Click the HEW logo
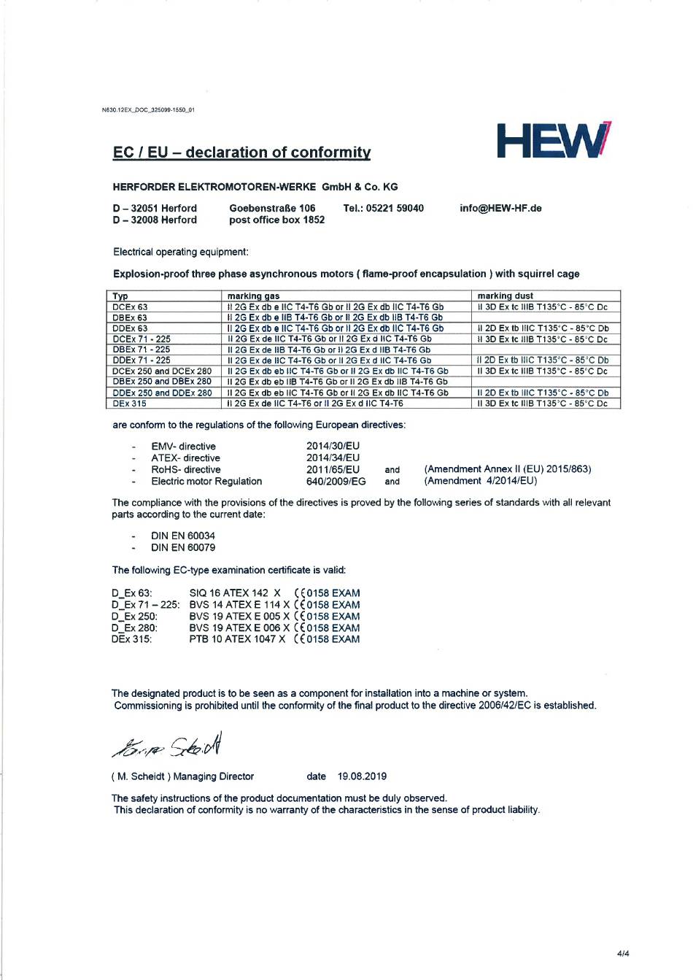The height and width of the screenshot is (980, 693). point(554,141)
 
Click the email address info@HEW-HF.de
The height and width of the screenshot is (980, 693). point(500,208)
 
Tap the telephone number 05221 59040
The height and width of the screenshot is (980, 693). point(395,208)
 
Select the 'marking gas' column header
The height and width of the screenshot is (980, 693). point(253,296)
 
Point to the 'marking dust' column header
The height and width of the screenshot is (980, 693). point(505,296)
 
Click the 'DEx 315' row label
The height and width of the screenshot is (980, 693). point(130,404)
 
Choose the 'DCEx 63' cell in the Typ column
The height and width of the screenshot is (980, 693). point(131,307)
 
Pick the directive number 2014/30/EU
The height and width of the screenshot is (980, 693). point(333,446)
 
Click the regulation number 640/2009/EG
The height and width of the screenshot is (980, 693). point(336,482)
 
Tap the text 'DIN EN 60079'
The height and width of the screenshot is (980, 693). point(183,547)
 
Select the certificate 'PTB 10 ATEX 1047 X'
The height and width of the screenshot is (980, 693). point(237,639)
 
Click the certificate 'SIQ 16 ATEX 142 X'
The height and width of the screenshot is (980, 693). point(235,593)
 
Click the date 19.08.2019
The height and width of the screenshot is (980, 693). point(362,776)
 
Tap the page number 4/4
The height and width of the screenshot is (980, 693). point(623,953)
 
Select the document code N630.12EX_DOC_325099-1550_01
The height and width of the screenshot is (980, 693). point(148,110)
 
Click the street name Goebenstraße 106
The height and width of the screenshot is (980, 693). point(272,208)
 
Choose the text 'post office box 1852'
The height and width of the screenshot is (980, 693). point(276,220)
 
